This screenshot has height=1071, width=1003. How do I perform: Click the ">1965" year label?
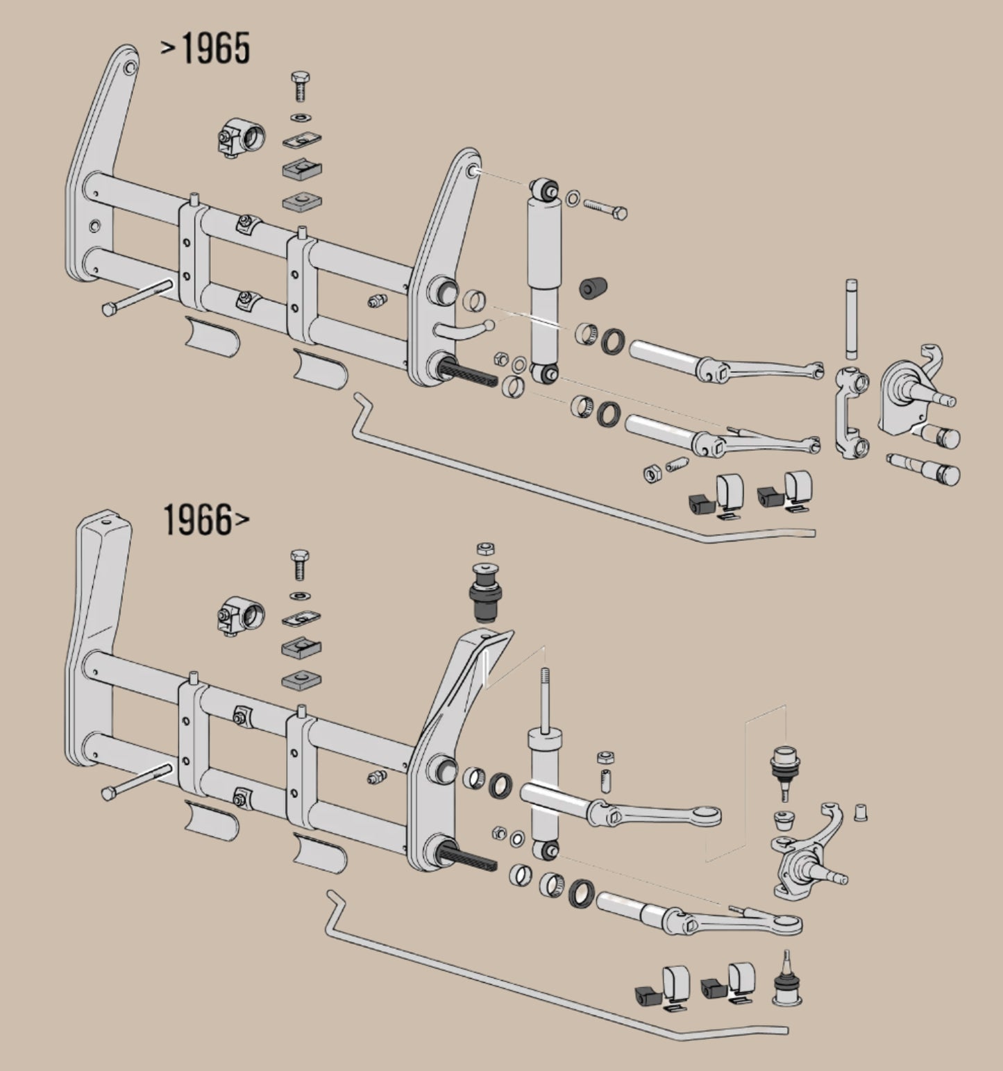coord(206,49)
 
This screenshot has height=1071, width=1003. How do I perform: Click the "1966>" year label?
coord(205,520)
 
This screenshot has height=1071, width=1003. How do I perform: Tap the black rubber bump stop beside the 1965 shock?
coord(593,287)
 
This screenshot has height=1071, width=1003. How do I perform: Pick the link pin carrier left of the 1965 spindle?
coord(851,414)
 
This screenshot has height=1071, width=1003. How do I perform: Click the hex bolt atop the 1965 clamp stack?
coord(301,85)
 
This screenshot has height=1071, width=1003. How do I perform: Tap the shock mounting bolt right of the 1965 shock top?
coord(606,209)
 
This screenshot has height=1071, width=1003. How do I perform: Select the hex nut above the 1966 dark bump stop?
coord(485,550)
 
